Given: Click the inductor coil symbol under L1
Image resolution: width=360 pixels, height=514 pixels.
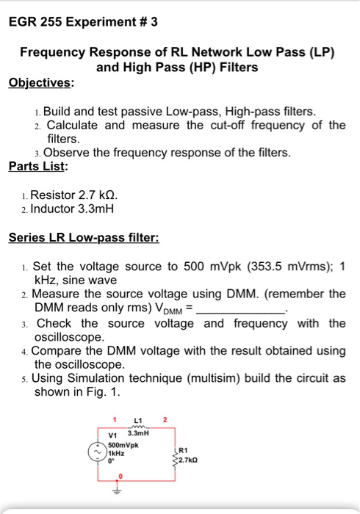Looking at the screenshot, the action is [137, 426].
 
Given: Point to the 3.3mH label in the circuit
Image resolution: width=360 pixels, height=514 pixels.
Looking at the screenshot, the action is [138, 433].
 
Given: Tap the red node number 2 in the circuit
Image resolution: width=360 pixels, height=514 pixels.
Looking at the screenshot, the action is [165, 419].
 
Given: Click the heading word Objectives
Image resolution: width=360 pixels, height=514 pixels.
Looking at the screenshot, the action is [41, 82].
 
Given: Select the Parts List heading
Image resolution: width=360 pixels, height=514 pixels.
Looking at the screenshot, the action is [38, 166].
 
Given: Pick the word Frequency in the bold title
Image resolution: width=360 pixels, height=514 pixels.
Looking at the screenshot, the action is [56, 53].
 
